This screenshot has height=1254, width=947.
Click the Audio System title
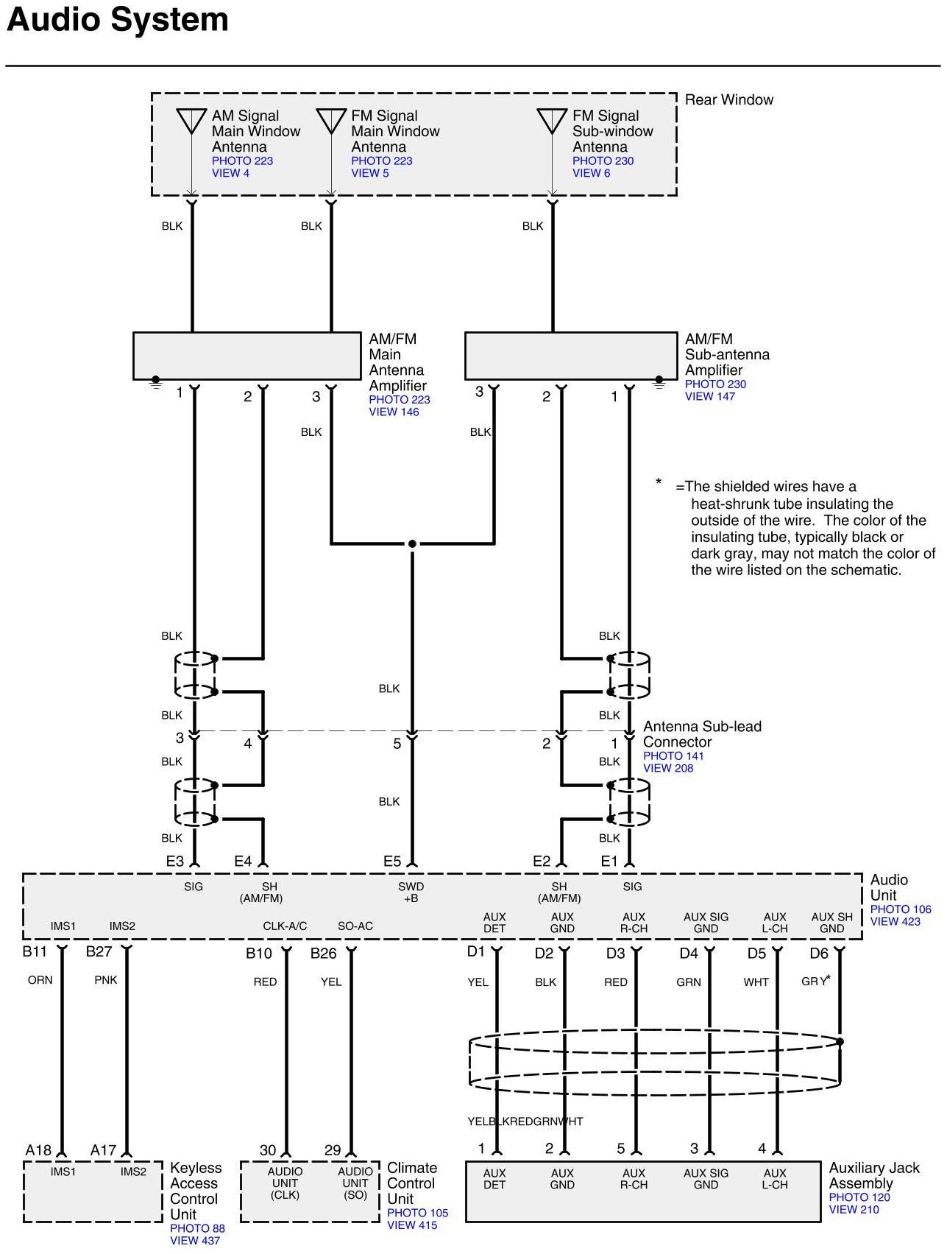(118, 20)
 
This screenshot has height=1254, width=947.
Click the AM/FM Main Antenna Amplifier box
(246, 356)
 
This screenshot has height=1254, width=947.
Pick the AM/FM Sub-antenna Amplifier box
(570, 356)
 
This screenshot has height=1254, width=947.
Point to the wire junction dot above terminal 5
(412, 544)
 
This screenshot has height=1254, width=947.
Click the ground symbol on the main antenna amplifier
(156, 382)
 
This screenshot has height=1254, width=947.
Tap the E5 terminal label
(392, 861)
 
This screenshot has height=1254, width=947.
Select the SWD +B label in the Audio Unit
(411, 892)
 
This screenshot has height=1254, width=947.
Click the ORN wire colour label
(40, 980)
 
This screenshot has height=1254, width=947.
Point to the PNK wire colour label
(106, 980)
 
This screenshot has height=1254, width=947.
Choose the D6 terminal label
(819, 954)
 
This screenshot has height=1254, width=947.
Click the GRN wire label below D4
(689, 982)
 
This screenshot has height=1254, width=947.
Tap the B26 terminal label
(323, 954)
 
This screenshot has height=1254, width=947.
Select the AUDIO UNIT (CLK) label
(285, 1183)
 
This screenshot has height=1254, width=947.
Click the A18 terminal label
(38, 1150)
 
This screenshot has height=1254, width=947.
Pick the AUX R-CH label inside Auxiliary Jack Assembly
(634, 1179)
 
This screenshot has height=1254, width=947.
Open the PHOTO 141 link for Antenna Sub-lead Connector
(673, 755)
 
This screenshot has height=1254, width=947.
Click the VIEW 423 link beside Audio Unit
(895, 921)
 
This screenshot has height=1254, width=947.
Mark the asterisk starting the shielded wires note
(659, 483)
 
